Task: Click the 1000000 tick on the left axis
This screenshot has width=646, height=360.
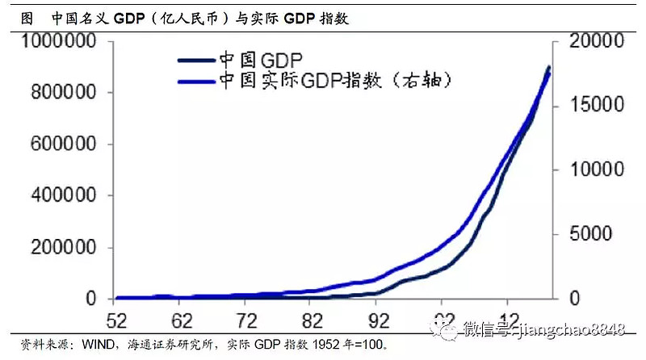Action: click(x=61, y=41)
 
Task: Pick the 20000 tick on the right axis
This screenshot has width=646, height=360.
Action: click(x=597, y=41)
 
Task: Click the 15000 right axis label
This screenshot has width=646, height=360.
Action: click(x=597, y=106)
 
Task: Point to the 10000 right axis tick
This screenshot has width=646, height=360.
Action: click(x=597, y=170)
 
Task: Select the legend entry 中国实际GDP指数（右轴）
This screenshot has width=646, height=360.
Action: click(x=323, y=82)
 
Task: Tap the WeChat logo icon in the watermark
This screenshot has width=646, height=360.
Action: click(x=446, y=329)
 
